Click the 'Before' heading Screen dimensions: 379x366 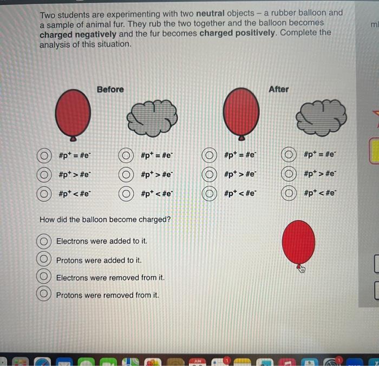tap(110, 89)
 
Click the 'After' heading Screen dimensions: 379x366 tap(279, 89)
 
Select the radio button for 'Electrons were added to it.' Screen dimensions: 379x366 tap(44, 241)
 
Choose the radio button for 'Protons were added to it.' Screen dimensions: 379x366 tap(44, 259)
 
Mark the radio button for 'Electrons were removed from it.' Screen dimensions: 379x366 tap(44, 276)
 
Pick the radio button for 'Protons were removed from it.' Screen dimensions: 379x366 tap(44, 293)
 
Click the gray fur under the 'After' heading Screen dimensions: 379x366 tap(321, 117)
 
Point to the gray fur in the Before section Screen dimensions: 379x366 tap(152, 118)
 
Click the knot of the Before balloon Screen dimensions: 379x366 tap(73, 139)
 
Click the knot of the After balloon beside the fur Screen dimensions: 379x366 tap(241, 138)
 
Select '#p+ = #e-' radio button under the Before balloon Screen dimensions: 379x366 tap(44, 155)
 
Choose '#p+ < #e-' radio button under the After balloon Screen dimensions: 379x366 tap(210, 193)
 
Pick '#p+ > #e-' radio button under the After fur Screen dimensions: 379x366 tap(289, 174)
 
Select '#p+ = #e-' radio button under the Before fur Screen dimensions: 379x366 tap(126, 155)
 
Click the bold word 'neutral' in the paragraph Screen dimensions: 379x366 tap(210, 14)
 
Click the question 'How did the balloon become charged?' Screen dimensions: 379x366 tap(105, 219)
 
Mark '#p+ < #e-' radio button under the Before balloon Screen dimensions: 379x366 tap(44, 194)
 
